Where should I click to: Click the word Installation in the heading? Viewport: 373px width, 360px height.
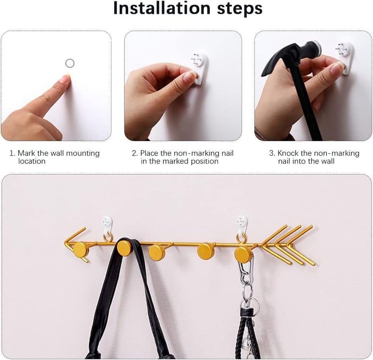162,8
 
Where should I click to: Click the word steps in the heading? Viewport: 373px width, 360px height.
240,9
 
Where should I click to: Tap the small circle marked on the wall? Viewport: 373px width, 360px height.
69,63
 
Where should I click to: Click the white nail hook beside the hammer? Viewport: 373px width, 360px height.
345,57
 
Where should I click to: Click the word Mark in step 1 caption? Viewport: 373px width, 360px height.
26,153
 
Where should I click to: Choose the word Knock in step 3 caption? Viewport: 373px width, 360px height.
288,153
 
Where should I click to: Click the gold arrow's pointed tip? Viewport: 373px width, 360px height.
64,243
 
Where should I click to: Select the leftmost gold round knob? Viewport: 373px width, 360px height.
80,249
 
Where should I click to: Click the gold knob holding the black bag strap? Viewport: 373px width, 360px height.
124,248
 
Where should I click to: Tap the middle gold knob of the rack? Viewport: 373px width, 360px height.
157,252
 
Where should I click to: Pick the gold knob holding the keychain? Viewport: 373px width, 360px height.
242,254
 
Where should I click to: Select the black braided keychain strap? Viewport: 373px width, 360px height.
248,332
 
